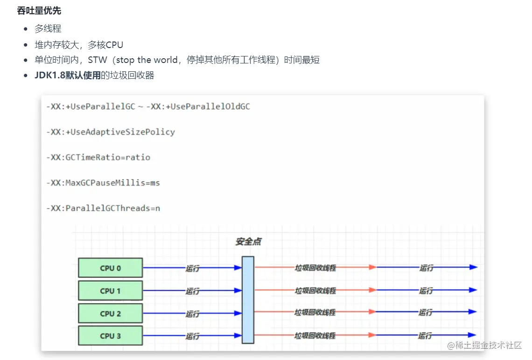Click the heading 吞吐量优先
click(39, 10)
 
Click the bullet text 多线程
click(48, 28)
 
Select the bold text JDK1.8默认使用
click(68, 75)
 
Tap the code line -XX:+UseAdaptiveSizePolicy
click(111, 132)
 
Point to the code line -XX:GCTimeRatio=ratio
click(98, 157)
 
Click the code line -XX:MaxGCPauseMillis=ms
click(103, 183)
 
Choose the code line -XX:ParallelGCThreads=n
click(103, 208)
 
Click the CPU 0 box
click(110, 268)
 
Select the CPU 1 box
click(110, 291)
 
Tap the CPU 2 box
click(110, 313)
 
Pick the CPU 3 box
click(110, 336)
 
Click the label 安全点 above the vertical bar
click(248, 242)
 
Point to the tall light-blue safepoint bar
click(248, 299)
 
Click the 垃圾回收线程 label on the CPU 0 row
click(315, 268)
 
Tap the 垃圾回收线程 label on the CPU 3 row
click(315, 336)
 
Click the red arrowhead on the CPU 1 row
click(372, 290)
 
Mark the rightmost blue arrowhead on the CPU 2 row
click(473, 312)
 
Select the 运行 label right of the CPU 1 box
click(192, 291)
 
